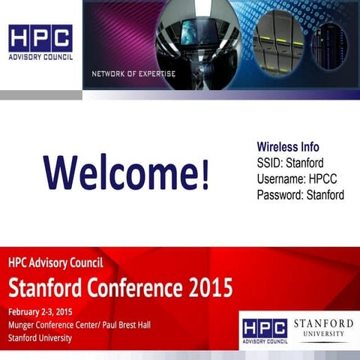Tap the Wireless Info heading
click(288, 147)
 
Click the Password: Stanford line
click(300, 195)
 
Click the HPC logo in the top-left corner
click(40, 38)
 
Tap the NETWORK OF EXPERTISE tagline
click(133, 73)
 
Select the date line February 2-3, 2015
click(41, 311)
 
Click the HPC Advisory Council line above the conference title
click(55, 263)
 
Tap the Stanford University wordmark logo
click(322, 328)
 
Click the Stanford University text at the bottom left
click(40, 338)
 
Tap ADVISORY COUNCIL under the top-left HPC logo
click(40, 57)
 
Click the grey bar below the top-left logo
click(40, 95)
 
